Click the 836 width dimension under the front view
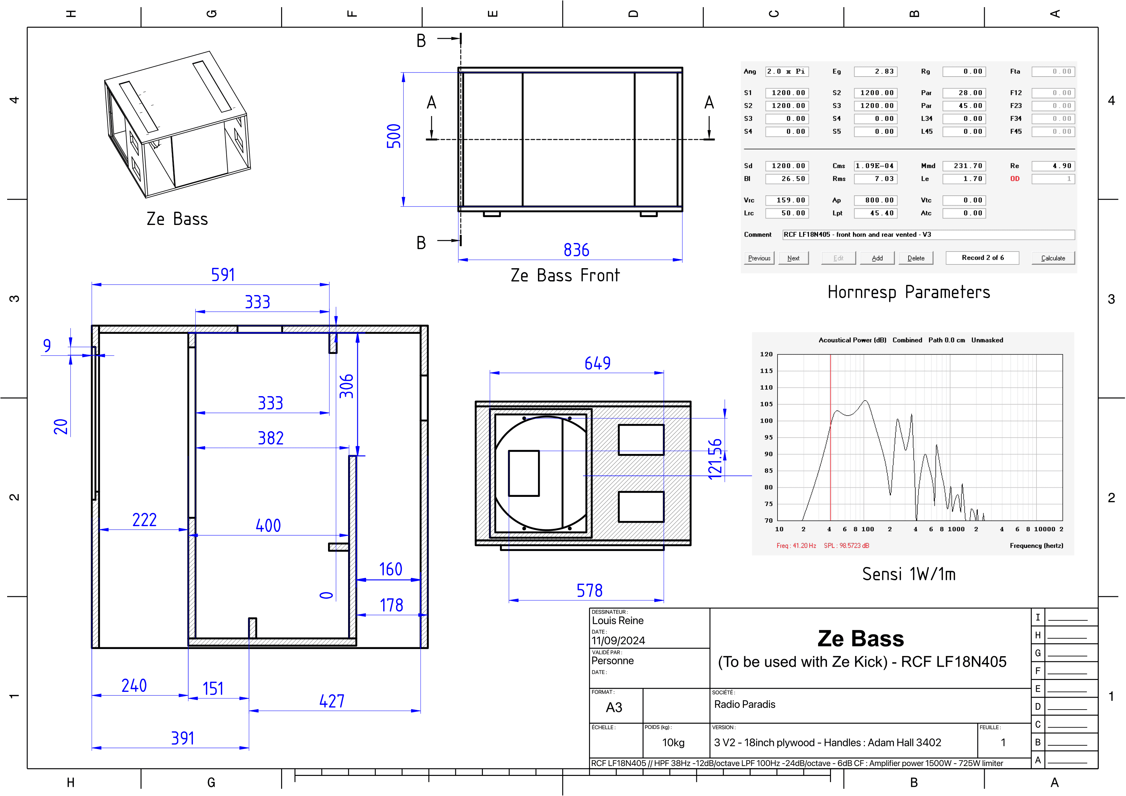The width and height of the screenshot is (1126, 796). [576, 250]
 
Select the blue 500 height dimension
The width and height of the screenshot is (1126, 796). [394, 136]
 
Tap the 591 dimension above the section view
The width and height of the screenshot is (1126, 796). [223, 275]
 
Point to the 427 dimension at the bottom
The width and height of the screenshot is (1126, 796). [332, 701]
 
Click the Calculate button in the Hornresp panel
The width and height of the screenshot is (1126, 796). [1053, 258]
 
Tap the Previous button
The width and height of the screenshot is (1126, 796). [759, 258]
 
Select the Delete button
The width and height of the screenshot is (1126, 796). [916, 258]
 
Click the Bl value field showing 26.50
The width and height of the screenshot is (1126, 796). [787, 179]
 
